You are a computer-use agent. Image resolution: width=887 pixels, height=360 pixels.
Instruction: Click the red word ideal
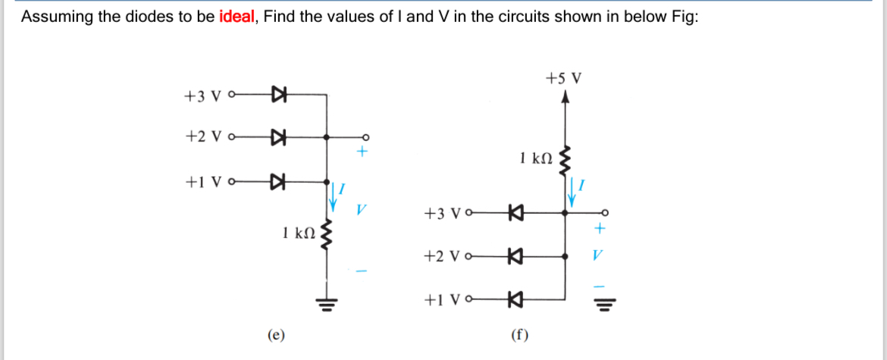pos(237,17)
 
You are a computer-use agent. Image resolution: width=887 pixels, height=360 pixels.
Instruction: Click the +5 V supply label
pos(563,77)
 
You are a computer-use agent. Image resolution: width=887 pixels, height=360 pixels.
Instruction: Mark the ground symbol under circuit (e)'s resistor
pos(327,305)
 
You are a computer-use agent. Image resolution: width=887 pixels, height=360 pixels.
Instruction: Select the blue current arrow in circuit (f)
pos(572,194)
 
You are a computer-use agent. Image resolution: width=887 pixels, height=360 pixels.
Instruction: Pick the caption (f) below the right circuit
pos(520,334)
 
